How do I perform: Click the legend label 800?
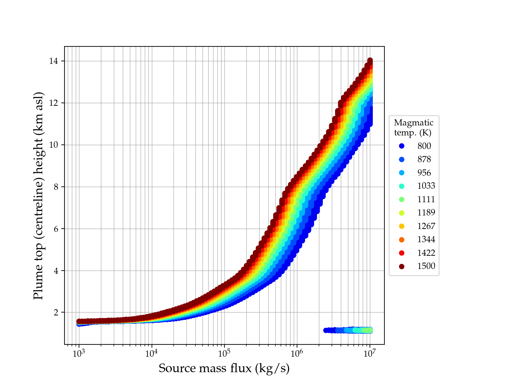[424, 146]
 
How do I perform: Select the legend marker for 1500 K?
[402, 266]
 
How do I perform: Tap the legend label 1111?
[426, 200]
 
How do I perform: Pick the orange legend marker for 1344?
[402, 240]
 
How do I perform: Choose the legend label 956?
[424, 173]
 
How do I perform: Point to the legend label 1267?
[426, 226]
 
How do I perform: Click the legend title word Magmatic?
[414, 123]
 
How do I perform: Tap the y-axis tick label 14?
[54, 61]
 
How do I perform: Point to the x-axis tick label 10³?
[79, 353]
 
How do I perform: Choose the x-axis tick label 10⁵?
[224, 353]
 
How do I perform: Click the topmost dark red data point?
[370, 61]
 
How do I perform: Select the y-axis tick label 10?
[54, 145]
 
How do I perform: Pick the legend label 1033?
[426, 186]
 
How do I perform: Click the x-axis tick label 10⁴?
[152, 353]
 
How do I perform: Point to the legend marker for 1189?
[402, 213]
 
